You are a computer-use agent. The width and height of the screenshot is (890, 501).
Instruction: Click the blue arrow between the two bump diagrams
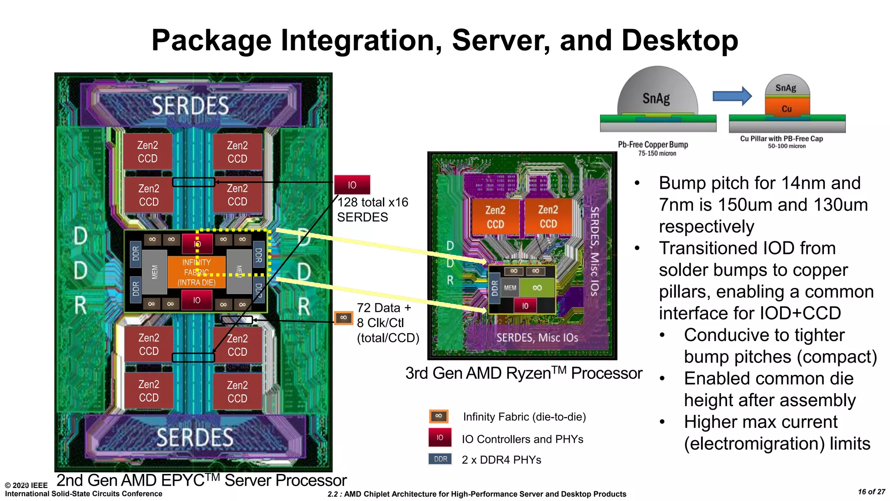[732, 96]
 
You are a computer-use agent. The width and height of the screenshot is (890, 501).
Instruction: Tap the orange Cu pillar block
[787, 107]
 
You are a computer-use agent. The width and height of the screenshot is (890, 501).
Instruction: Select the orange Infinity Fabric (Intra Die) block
[196, 272]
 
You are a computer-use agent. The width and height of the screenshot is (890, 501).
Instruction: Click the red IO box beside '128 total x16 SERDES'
[352, 185]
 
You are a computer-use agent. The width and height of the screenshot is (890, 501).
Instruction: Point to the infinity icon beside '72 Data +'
[343, 318]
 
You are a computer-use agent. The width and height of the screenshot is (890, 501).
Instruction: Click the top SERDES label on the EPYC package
[190, 106]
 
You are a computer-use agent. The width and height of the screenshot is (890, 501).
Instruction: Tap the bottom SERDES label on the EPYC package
[195, 437]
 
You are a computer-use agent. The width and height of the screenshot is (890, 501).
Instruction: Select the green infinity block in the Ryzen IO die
[537, 287]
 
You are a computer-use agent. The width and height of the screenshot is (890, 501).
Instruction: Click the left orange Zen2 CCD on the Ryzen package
[495, 217]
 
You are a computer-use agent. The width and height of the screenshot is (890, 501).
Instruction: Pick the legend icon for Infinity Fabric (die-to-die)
[438, 416]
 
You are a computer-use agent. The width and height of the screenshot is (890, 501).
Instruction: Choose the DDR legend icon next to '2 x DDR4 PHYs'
[440, 459]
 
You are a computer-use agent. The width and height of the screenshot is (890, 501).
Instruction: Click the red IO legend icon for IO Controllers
[440, 438]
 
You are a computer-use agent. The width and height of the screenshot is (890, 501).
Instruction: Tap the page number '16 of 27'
[871, 492]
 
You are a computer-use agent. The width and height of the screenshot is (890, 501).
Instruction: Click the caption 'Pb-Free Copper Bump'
[653, 144]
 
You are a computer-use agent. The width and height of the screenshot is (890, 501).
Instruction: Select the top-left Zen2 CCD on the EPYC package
[148, 152]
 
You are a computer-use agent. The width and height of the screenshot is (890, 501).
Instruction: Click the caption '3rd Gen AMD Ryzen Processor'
[523, 373]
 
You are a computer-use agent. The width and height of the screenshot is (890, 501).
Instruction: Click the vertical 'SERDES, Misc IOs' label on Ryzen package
[594, 251]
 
